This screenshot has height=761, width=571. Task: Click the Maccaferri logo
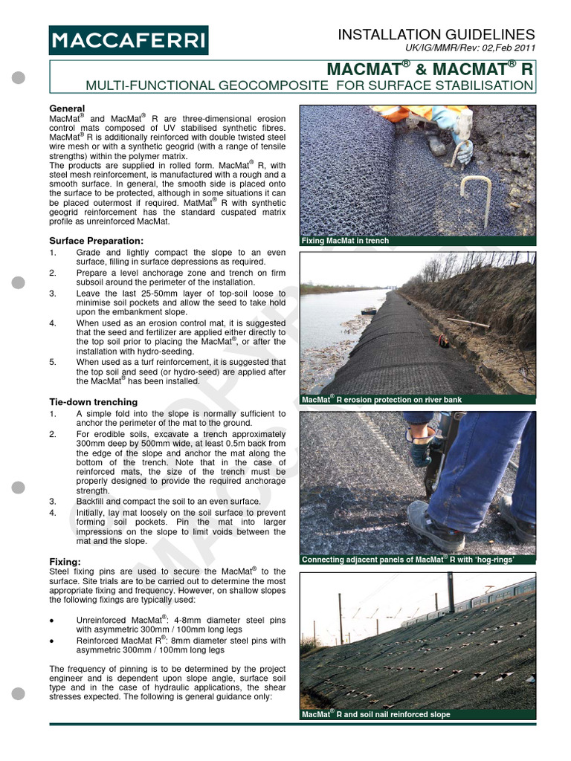point(128,39)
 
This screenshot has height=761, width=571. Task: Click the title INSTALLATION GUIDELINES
point(436,34)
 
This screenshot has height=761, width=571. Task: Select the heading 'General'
point(67,108)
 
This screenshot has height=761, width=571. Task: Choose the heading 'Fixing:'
point(65,561)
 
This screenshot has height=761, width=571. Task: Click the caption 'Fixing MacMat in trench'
point(345,241)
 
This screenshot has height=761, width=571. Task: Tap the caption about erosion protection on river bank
point(381,399)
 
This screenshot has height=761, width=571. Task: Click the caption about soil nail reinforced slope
point(375,714)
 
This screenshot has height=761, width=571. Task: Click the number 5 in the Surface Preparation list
point(52,362)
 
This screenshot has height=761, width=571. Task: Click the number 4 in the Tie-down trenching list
point(52,512)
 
